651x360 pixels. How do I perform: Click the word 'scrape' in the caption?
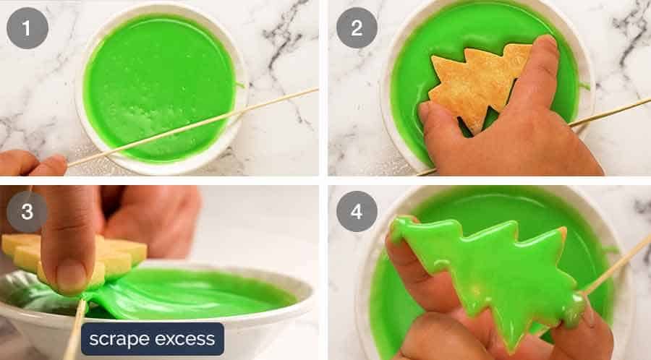click(x=124, y=338)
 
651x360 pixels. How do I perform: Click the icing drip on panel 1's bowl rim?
click(x=239, y=85)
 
